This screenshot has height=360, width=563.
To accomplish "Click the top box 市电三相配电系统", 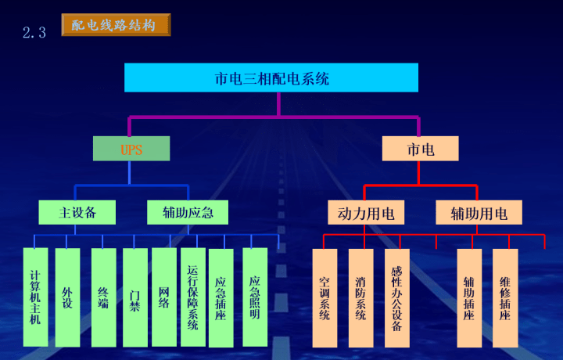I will click(x=271, y=77).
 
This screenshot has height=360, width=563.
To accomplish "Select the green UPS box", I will click(x=131, y=149).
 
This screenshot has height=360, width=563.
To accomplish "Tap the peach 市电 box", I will click(x=420, y=149).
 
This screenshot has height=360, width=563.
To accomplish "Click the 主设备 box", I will click(x=77, y=211).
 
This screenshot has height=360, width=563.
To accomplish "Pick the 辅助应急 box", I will click(x=188, y=211).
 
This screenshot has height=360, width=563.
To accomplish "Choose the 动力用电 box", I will click(x=365, y=213).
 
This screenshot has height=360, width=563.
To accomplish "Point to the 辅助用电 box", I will click(x=479, y=213).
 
